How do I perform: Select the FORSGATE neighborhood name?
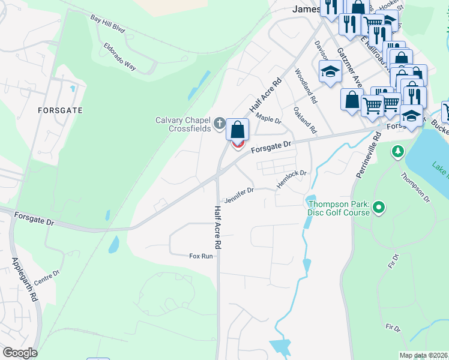click(x=59, y=110)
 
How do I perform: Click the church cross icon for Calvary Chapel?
click(x=220, y=124)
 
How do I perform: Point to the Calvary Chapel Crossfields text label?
click(x=184, y=124)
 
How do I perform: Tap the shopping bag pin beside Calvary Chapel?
click(x=238, y=129)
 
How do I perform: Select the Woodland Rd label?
click(x=305, y=83)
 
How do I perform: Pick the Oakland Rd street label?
click(x=305, y=120)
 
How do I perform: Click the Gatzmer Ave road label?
click(x=349, y=67)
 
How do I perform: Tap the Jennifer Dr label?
click(x=239, y=196)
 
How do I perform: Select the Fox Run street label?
click(x=201, y=256)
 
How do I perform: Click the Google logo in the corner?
click(x=20, y=353)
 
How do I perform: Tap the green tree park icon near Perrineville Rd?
click(x=397, y=151)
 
